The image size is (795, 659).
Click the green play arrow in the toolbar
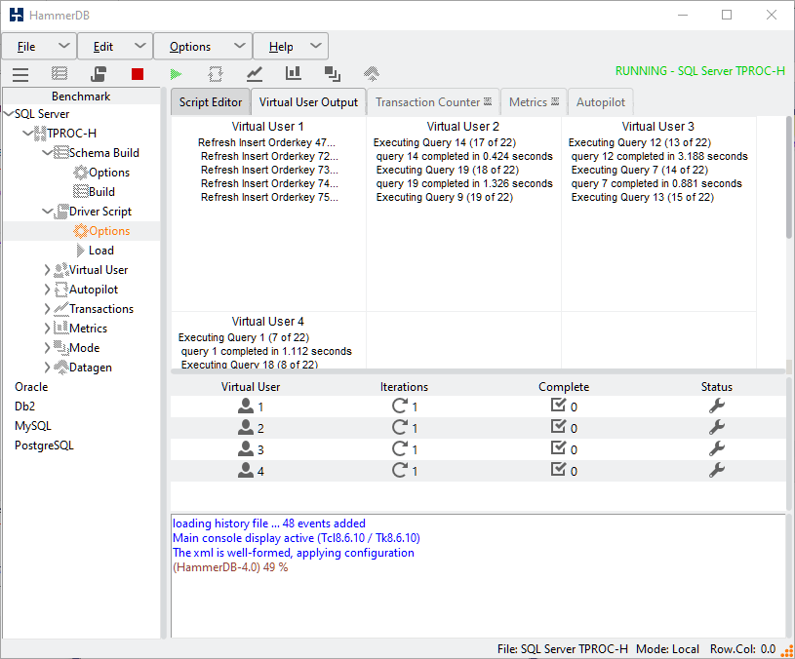point(176,74)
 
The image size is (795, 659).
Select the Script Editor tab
point(211,102)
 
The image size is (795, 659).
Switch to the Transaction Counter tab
point(427,102)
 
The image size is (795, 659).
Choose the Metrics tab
point(534,102)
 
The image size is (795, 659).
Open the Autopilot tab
point(601,102)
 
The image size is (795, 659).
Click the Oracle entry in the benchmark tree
point(31,387)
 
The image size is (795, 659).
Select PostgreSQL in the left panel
point(44,446)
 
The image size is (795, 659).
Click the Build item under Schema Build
point(101,192)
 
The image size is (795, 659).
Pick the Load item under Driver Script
point(101,251)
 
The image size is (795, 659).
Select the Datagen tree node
point(90,368)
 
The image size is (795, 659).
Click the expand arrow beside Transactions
point(47,309)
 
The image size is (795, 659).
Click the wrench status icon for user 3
point(716,448)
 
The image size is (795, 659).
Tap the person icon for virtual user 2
point(246,428)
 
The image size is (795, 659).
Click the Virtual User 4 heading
point(268,322)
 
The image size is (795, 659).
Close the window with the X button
point(772,16)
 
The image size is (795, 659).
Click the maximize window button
point(727,16)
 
